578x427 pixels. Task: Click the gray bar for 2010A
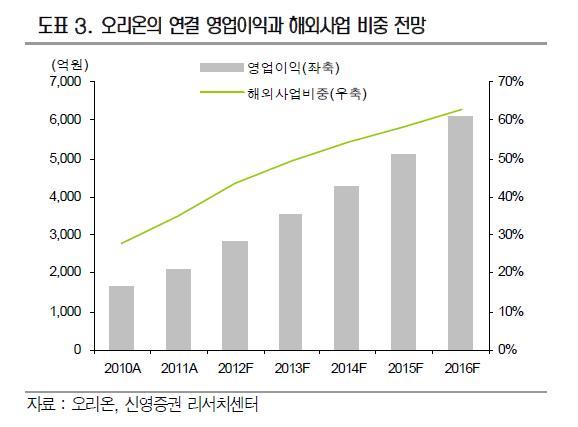(122, 317)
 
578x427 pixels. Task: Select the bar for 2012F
(235, 295)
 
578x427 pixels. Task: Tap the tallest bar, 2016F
(460, 233)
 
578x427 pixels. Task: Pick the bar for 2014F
(347, 268)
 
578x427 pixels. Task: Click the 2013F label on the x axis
(292, 368)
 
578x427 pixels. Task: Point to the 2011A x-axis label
(179, 368)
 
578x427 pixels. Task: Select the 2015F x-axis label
(405, 368)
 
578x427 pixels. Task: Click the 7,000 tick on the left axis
(65, 81)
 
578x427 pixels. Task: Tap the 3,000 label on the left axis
(65, 234)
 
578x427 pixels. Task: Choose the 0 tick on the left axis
(77, 349)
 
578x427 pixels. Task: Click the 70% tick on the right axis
(511, 81)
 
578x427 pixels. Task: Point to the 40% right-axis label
(511, 196)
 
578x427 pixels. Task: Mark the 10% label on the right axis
(511, 312)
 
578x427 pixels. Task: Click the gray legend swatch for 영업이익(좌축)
(222, 67)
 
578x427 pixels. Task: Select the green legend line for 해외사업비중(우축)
(222, 92)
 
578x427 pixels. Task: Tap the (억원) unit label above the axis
(70, 65)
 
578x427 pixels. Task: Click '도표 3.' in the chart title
(65, 26)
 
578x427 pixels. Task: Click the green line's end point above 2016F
(462, 109)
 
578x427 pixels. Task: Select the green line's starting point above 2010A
(121, 243)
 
